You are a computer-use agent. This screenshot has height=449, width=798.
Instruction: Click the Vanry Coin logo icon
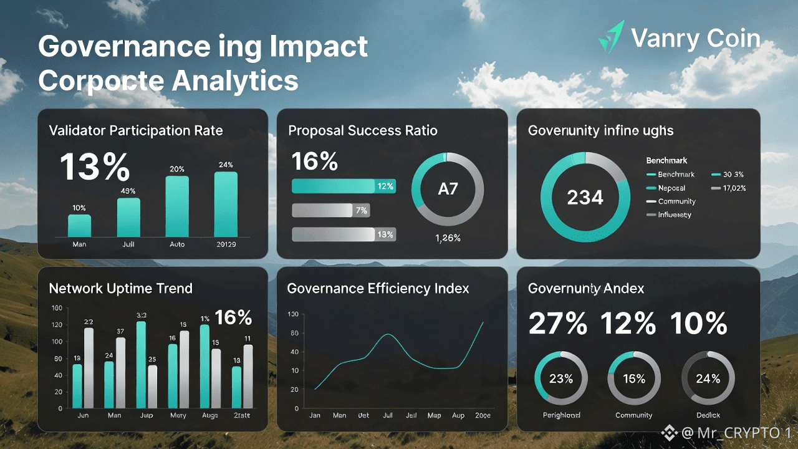(x=612, y=37)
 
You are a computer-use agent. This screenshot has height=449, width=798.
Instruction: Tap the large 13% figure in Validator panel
(x=95, y=167)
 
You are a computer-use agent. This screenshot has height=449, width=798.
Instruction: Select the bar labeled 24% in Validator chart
(x=226, y=203)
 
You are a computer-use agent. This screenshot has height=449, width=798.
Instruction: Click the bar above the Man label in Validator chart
(x=79, y=225)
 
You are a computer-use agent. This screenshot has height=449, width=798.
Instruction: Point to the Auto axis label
(x=177, y=244)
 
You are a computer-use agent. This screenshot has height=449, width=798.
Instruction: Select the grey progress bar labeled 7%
(x=330, y=210)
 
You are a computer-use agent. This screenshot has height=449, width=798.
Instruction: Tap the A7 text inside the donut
(x=448, y=188)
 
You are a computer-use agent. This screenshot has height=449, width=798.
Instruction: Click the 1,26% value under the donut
(x=448, y=238)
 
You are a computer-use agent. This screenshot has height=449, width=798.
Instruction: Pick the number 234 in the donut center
(x=585, y=198)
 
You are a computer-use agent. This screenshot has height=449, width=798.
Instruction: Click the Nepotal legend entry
(x=671, y=188)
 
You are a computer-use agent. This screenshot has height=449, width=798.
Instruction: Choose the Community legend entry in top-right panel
(x=676, y=201)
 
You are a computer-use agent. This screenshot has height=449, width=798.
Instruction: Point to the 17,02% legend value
(x=733, y=188)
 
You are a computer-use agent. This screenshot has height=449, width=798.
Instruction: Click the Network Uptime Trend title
(x=120, y=288)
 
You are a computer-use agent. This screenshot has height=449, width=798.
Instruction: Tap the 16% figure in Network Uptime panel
(x=233, y=317)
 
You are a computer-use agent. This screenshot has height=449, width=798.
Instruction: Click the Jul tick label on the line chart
(x=388, y=415)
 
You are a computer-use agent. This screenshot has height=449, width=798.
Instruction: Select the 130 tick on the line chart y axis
(x=293, y=314)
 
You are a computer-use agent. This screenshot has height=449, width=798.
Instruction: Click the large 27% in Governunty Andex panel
(x=557, y=324)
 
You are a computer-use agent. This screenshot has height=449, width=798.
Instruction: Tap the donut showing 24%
(x=708, y=379)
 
